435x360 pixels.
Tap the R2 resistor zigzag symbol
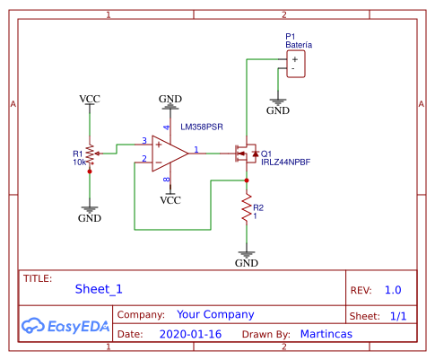tap(246, 210)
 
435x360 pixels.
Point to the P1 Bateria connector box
tap(293, 63)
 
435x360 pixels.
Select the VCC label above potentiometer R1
tap(90, 98)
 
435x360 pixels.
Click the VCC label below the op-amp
tap(170, 200)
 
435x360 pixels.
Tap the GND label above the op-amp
tap(170, 97)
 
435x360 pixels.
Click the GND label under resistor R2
tap(246, 263)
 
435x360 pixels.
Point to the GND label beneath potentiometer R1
tap(90, 217)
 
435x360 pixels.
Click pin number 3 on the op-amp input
tap(144, 141)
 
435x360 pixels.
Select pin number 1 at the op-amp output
tap(197, 148)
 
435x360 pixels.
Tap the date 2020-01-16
tap(190, 334)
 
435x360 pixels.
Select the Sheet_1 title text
tap(98, 289)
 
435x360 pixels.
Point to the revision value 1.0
tap(393, 290)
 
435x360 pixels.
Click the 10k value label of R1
tap(79, 162)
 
